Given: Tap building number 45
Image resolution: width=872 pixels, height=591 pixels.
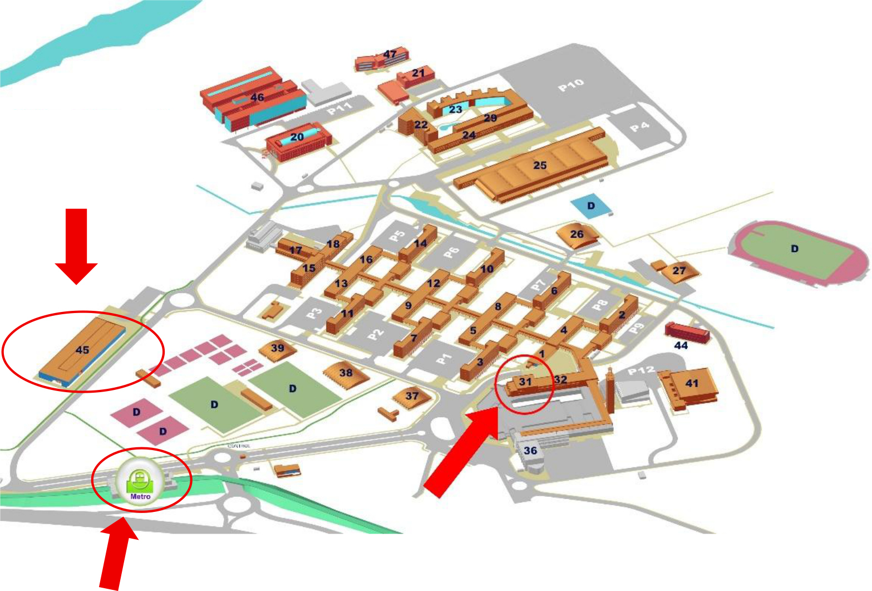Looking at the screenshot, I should pos(82,350).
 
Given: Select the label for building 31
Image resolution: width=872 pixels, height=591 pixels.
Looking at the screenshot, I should pos(525,382).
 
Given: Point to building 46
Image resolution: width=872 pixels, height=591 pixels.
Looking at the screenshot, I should pos(257,97).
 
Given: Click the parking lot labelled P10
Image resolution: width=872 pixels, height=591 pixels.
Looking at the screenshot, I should pos(571,85).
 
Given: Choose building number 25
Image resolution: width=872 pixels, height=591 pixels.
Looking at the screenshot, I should pos(539,165).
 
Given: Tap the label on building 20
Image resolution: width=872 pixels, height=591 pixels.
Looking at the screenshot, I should pos(297,137).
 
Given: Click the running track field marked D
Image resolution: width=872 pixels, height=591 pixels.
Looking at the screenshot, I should pos(795,249).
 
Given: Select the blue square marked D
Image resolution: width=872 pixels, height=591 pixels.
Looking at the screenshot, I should pos(591,206).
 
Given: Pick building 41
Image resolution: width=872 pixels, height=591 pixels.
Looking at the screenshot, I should pos(691,384).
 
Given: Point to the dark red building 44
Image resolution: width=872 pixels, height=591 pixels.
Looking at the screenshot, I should pos(687,332).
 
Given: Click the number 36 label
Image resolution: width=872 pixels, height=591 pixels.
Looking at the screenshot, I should pos(530,451).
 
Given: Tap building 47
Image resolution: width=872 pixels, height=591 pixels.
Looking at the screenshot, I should pos(390,55).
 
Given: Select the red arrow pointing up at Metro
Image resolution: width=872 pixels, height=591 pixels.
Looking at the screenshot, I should pos(117,554).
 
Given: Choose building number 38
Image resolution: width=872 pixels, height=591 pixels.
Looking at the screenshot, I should pos(346,373).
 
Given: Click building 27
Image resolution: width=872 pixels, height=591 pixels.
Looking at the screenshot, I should pos(679,271).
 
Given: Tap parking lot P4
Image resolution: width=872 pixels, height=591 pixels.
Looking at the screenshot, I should pos(639,127).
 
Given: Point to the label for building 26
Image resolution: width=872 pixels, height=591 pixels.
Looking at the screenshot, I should pos(577,234).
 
